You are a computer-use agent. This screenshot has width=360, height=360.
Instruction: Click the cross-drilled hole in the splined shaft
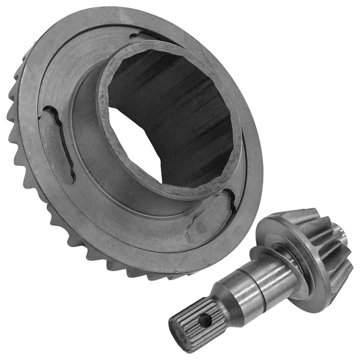tap(205, 320)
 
